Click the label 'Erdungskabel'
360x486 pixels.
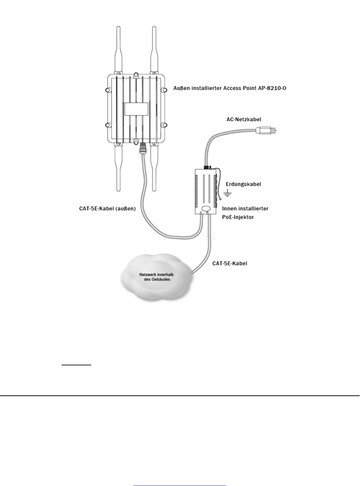point(243,184)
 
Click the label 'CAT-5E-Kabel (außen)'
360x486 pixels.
point(107,209)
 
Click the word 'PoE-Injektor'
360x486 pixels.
point(238,217)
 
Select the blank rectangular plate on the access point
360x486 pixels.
point(136,109)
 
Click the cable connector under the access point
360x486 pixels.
point(143,148)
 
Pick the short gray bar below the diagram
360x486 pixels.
point(76,365)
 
